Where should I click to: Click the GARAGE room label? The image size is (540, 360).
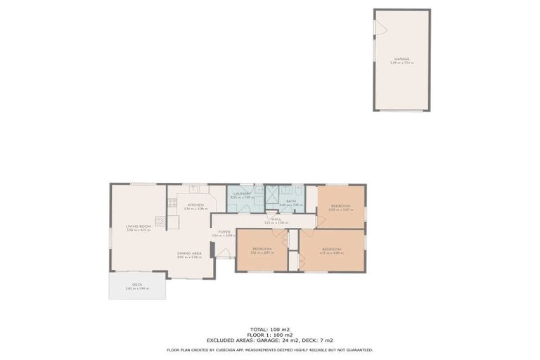401,59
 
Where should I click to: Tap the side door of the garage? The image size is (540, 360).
378,27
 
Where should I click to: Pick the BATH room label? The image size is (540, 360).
290,200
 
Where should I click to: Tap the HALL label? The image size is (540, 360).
276,219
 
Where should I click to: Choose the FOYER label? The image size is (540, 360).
224,231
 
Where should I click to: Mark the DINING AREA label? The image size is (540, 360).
189,253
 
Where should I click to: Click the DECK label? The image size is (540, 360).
137,285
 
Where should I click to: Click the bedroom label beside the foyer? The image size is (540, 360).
262,249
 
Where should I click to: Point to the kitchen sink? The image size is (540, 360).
194,189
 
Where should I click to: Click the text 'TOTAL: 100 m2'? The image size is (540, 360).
270,329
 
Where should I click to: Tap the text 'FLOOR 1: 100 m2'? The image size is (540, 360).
270,334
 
